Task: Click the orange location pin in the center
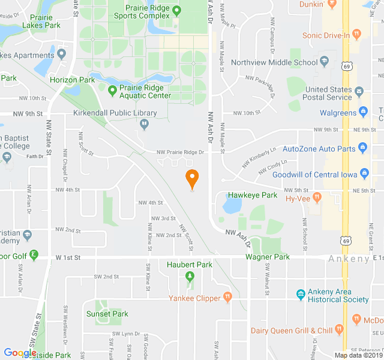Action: tap(192, 178)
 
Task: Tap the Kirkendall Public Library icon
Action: tap(144, 124)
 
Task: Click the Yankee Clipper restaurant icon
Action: tap(227, 296)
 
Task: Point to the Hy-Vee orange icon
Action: tap(317, 197)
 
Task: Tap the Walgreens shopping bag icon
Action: tap(363, 112)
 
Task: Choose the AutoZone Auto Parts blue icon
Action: tap(362, 148)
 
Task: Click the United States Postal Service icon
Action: tap(359, 92)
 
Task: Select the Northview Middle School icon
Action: tap(325, 62)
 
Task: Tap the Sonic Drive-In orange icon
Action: tap(356, 35)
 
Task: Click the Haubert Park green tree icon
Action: tap(190, 277)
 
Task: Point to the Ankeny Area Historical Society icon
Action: tap(301, 294)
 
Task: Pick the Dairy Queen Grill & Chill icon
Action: tap(339, 329)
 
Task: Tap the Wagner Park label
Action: tap(267, 257)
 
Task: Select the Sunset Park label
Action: tap(107, 314)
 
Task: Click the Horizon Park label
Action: tap(73, 80)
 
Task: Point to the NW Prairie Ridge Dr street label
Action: tap(180, 152)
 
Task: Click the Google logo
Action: tap(20, 353)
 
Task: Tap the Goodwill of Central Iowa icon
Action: tap(364, 175)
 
